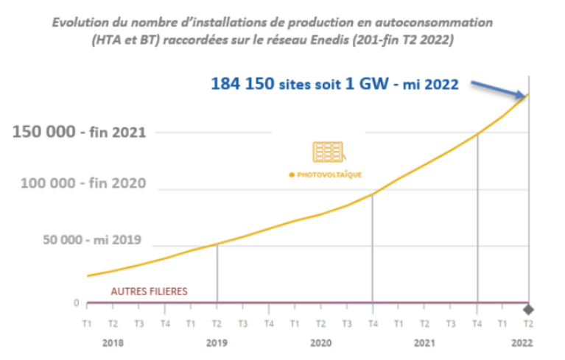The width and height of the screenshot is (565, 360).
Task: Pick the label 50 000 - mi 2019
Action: tap(93, 241)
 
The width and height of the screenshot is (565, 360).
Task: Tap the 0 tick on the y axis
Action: tap(76, 303)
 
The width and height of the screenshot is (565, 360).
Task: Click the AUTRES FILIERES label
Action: tap(149, 291)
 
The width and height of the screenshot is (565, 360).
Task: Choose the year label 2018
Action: tap(113, 342)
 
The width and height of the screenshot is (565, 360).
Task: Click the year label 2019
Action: tap(217, 342)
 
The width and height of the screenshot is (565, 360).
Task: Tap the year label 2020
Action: tap(320, 342)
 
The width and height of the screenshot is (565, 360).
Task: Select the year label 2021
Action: tap(425, 342)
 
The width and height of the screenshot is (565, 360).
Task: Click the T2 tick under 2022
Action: tap(528, 323)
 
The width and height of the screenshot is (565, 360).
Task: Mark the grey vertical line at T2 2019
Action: tap(217, 272)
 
